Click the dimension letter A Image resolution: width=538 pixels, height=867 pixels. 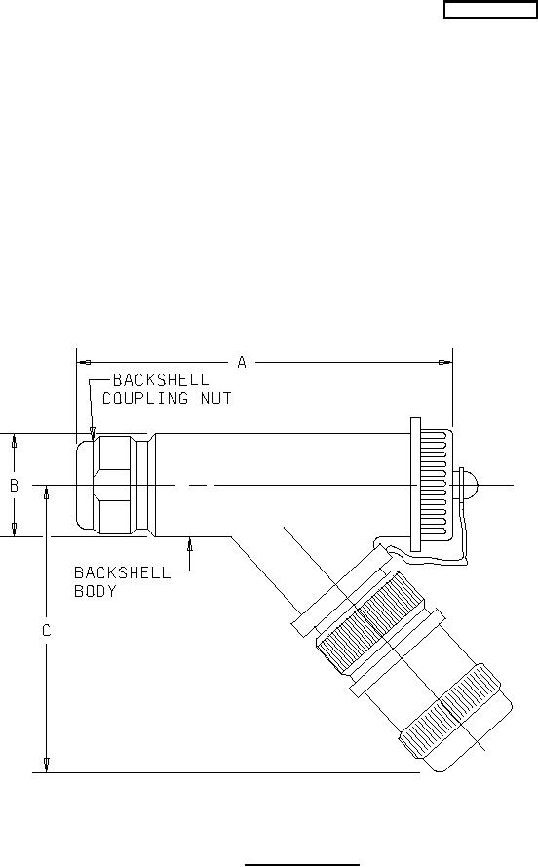pos(242,362)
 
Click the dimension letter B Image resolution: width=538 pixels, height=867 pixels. pos(15,486)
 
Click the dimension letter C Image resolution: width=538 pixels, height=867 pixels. pos(47,630)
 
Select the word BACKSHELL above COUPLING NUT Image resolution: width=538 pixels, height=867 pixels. pos(161,380)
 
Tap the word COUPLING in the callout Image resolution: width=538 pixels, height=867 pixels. pos(145,398)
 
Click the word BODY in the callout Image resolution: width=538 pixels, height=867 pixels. pos(95,591)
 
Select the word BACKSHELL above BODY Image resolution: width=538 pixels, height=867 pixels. pos(122,572)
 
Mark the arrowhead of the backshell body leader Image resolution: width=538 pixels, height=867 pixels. pos(189,543)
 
